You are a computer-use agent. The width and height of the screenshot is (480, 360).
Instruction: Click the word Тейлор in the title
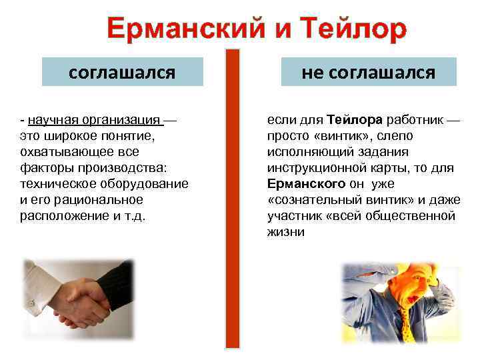[353, 30]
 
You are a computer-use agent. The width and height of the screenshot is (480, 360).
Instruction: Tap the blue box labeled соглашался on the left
[122, 72]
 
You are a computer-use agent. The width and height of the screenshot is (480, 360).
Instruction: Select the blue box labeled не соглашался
[368, 72]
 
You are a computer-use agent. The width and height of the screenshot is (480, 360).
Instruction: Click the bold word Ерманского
[306, 184]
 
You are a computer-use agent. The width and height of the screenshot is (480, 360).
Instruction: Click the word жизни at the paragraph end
[285, 232]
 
